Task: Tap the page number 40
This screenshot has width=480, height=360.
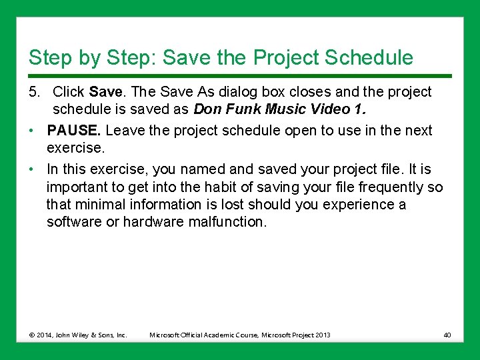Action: click(x=447, y=335)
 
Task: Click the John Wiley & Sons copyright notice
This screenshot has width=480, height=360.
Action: click(x=78, y=335)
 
